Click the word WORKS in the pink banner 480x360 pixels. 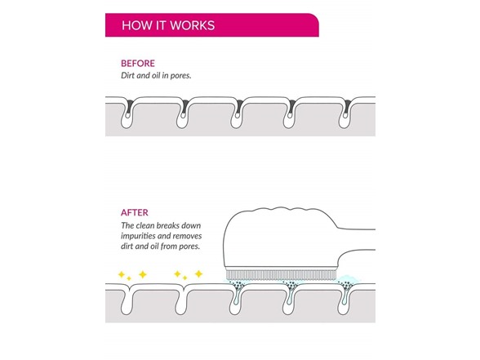tap(193, 25)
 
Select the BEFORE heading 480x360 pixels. tap(138, 64)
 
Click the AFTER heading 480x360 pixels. tap(135, 212)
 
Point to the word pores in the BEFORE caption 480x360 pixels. tap(180, 76)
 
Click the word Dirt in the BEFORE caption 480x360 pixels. tap(127, 75)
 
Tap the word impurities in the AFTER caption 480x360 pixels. tap(139, 237)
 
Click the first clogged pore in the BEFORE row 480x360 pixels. tap(127, 113)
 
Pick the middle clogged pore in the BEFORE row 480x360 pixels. tap(237, 113)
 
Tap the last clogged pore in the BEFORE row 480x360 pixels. tap(345, 113)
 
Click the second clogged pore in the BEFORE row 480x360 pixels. tap(183, 113)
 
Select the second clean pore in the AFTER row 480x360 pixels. tap(182, 300)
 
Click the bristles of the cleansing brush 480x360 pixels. tap(281, 275)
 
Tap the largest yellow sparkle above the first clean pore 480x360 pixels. tap(143, 274)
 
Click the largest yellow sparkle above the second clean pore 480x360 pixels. tap(198, 273)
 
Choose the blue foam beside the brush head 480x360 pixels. tap(349, 279)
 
